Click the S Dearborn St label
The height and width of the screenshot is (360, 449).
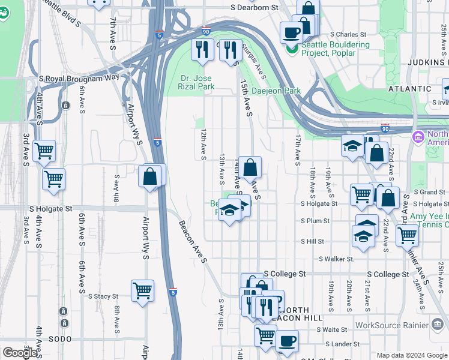coord(256,8)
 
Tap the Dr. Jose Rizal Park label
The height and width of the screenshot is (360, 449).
coord(197,82)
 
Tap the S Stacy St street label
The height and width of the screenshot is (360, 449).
coord(103,296)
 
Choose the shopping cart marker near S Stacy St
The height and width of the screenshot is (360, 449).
coord(143,291)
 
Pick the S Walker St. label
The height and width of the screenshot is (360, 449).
coord(337,259)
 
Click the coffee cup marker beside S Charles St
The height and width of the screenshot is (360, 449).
coord(292,32)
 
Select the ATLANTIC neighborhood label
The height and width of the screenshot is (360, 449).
coord(409,88)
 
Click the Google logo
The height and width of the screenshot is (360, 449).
coord(20,353)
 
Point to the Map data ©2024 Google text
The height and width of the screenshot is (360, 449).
coord(411,355)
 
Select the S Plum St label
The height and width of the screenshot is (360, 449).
coord(316,221)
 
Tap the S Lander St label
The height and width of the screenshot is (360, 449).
coord(342,344)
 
